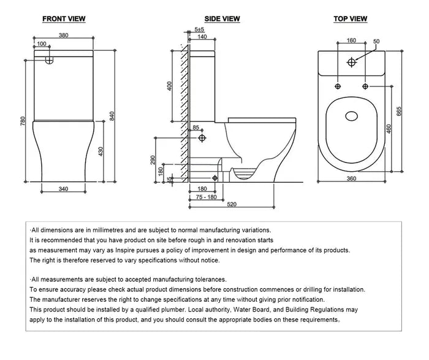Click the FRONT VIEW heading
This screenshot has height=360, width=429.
point(64,19)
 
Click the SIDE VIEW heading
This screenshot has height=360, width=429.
point(222,19)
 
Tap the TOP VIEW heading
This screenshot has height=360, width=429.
point(350,19)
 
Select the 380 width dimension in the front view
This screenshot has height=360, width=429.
point(64,35)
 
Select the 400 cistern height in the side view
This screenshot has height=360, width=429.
point(170,86)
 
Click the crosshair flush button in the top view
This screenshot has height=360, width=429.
point(352,62)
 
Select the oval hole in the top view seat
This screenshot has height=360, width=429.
point(352,115)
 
